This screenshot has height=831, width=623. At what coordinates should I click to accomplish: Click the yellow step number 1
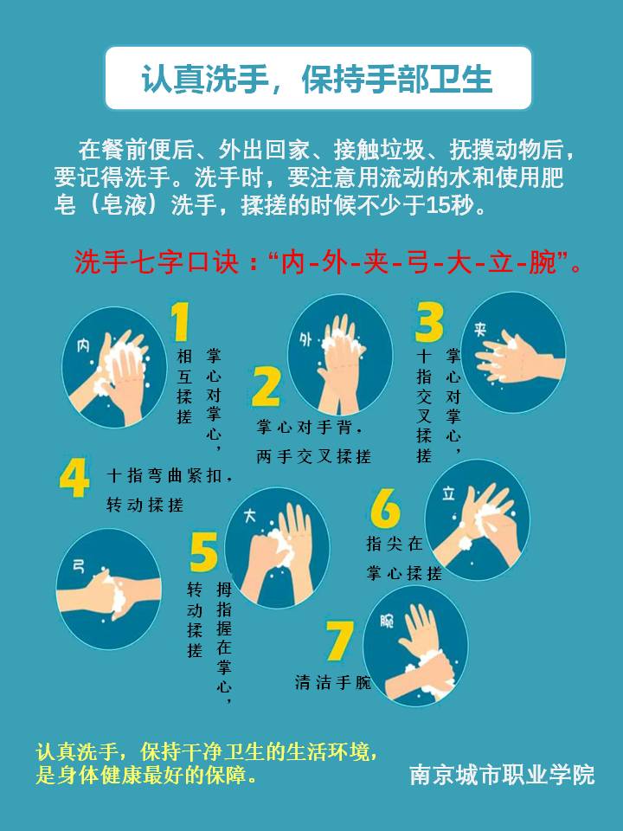click(181, 322)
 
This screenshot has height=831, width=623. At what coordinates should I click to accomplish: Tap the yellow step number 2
click(267, 387)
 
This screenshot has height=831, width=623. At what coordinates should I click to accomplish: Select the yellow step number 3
click(429, 322)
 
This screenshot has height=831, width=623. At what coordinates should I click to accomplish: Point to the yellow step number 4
click(74, 478)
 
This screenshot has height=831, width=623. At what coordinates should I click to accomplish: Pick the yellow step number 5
click(203, 552)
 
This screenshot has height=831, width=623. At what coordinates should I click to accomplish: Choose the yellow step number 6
click(385, 508)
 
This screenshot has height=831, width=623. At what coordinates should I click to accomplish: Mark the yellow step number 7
click(339, 641)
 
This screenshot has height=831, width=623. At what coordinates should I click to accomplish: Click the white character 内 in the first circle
click(83, 346)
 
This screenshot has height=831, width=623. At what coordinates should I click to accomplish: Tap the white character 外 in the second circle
click(305, 339)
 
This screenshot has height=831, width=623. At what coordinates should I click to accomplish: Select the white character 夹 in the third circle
click(480, 330)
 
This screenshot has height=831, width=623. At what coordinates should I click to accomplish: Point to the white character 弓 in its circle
click(79, 566)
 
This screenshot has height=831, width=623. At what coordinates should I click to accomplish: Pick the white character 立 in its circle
click(449, 493)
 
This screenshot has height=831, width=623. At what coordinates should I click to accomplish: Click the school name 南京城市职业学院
click(502, 775)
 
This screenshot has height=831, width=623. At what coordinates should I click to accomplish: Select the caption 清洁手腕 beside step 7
click(333, 682)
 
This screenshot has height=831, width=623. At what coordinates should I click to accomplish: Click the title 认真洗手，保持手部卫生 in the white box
click(317, 80)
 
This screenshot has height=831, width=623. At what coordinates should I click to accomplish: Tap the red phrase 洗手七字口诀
click(157, 261)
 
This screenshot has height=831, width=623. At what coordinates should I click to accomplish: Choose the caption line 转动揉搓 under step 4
click(145, 505)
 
